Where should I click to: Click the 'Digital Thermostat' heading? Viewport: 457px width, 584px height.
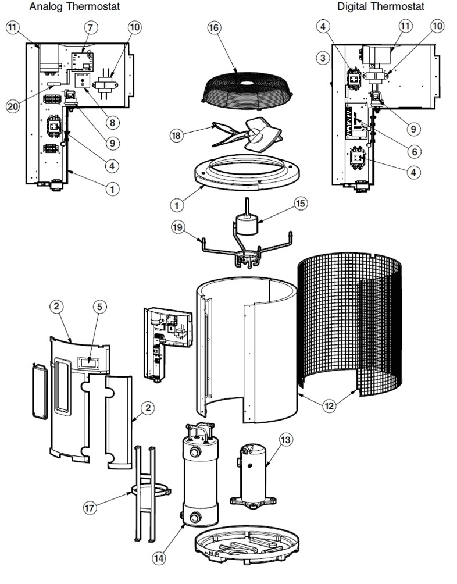[x=381, y=6]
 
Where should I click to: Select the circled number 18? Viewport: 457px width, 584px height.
[x=176, y=135]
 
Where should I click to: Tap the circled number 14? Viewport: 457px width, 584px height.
[x=159, y=558]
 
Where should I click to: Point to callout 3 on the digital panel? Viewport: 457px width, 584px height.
[x=324, y=58]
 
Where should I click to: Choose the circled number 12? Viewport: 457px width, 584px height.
[x=329, y=405]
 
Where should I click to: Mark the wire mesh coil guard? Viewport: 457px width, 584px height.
[x=349, y=326]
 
